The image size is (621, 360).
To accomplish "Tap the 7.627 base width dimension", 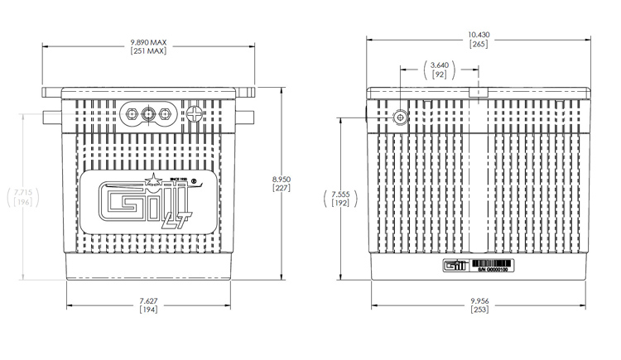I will click(149, 300).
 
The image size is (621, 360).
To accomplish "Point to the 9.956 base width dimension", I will click(480, 300).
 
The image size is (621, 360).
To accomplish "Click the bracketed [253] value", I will click(480, 310).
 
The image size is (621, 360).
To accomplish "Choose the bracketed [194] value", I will click(149, 310).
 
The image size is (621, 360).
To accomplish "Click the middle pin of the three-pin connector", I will click(150, 113).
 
